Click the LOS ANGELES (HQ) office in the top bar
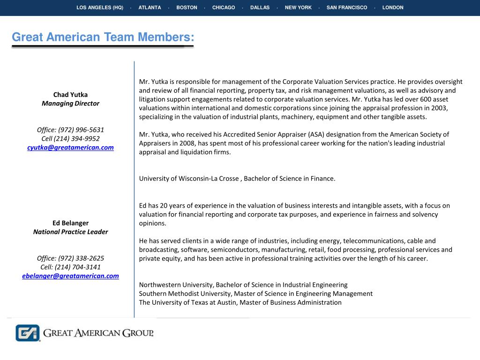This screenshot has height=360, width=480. coord(100,7)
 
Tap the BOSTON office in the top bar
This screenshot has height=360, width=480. coord(187,7)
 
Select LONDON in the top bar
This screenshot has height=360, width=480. coord(393,7)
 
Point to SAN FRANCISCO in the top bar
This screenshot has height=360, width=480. coord(347,7)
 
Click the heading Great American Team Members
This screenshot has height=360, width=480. coord(103,37)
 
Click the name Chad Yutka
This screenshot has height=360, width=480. coord(70,95)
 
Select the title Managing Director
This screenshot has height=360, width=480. coord(70,104)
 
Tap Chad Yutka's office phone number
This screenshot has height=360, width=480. coord(70,130)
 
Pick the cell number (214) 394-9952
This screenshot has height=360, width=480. coord(70,139)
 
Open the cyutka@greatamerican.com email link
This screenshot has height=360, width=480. coord(70,148)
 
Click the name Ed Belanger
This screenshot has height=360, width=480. coord(70,223)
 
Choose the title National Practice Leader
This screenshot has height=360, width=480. coord(70,232)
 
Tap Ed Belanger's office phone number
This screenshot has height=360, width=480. coord(70,258)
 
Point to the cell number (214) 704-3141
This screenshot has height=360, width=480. coord(70,267)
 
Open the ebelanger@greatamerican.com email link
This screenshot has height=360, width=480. coord(70,276)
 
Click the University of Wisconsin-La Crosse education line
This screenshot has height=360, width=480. coord(237,179)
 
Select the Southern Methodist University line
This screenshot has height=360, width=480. coord(255,294)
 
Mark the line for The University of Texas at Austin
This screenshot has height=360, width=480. coord(240,302)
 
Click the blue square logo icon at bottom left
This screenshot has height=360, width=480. coord(28,333)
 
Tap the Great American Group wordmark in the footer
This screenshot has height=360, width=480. coord(98,333)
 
